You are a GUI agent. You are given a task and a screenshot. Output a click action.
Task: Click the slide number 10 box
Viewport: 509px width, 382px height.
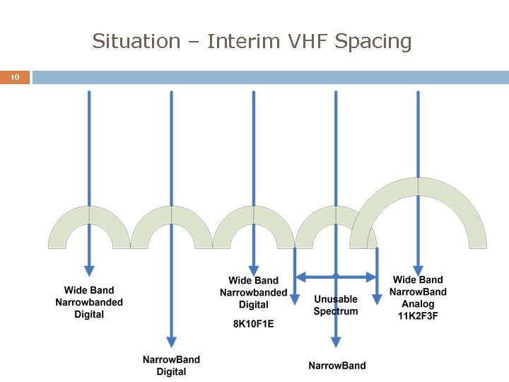tap(15, 77)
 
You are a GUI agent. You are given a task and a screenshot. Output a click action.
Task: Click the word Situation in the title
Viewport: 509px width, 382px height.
tap(136, 41)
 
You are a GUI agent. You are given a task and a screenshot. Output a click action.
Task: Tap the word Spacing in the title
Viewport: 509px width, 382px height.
tap(373, 41)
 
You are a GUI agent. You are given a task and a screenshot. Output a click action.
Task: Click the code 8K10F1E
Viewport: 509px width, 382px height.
tap(253, 324)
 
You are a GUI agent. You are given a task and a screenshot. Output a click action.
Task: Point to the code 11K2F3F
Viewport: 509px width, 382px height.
tap(418, 316)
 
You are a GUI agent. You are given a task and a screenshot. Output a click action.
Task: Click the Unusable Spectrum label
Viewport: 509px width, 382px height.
tap(336, 305)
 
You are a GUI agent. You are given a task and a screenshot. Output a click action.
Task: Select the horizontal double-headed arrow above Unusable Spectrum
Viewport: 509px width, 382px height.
tap(336, 277)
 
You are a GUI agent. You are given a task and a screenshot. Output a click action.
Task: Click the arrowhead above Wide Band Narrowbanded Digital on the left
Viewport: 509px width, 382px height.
tap(89, 270)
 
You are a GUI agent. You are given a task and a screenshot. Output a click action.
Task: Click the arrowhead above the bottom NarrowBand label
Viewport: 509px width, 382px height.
tap(336, 342)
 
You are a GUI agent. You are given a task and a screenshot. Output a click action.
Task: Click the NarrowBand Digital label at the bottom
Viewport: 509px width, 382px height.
tap(171, 365)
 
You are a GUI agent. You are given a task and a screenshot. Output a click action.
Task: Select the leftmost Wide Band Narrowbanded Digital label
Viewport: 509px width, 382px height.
tap(89, 302)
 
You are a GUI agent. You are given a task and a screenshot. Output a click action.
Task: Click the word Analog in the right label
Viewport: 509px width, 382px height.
tap(418, 304)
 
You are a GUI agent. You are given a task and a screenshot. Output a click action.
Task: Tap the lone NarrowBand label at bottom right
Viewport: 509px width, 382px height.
tap(337, 365)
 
